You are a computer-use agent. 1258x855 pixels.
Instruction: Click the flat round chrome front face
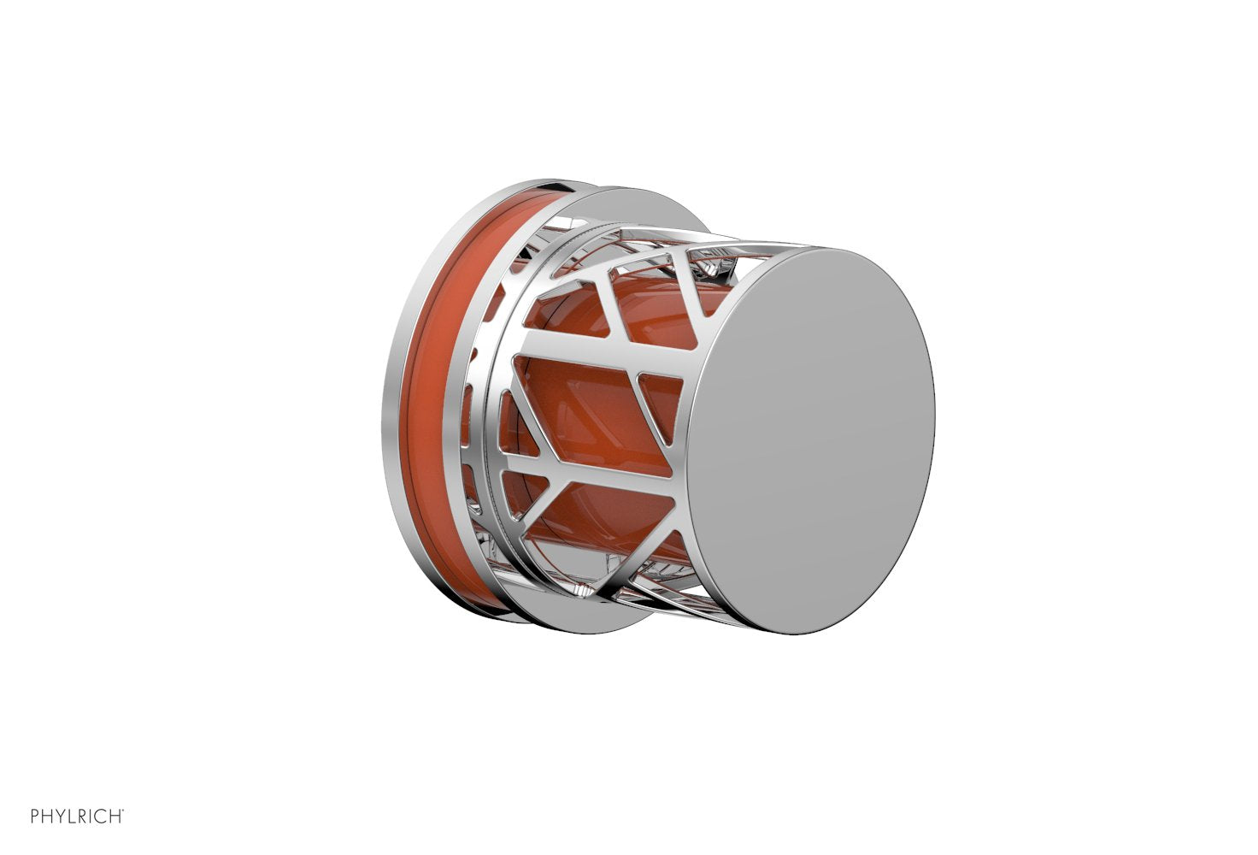pyautogui.click(x=812, y=440)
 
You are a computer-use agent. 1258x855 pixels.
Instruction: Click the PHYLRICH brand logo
pyautogui.click(x=77, y=817)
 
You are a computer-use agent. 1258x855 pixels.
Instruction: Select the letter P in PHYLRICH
pyautogui.click(x=35, y=817)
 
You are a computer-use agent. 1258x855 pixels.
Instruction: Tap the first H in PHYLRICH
pyautogui.click(x=47, y=817)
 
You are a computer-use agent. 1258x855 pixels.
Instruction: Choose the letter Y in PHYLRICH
pyautogui.click(x=59, y=817)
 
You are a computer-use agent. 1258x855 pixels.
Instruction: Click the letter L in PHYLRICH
pyautogui.click(x=69, y=817)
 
